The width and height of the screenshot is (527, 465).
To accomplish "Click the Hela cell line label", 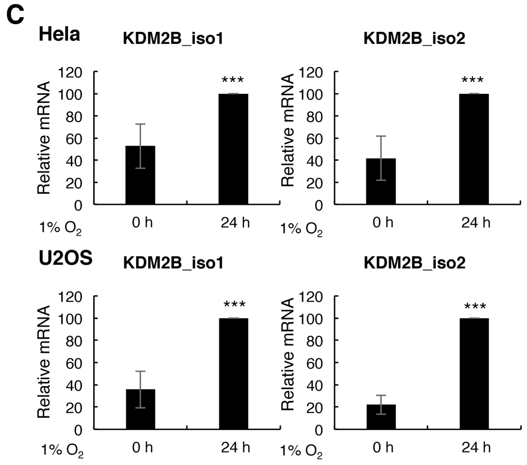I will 59,35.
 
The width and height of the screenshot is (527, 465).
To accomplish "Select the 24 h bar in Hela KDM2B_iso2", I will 474,149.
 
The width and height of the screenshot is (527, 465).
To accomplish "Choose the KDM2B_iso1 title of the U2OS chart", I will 173,263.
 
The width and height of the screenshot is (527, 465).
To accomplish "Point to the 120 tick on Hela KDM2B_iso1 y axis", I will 70,72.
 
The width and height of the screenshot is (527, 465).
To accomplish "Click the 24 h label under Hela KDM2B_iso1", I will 235,223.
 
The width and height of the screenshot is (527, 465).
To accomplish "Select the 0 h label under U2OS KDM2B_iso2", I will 383,447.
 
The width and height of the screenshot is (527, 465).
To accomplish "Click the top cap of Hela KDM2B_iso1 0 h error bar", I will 140,124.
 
